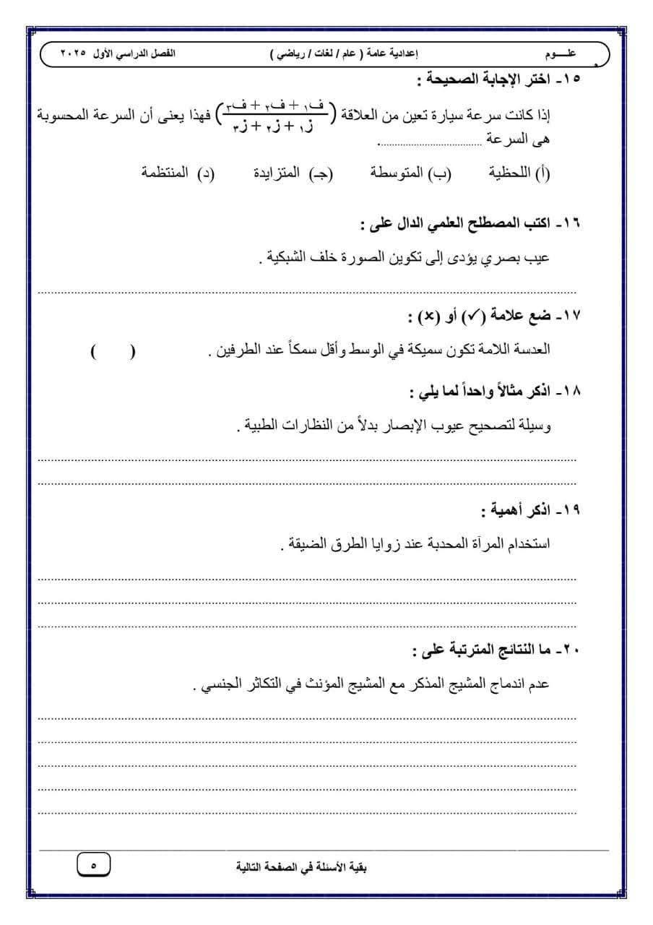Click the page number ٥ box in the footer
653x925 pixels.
[94, 864]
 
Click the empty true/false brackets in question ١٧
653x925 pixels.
[113, 352]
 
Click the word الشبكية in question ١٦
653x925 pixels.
[285, 258]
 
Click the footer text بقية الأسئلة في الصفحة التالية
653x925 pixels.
[302, 865]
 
